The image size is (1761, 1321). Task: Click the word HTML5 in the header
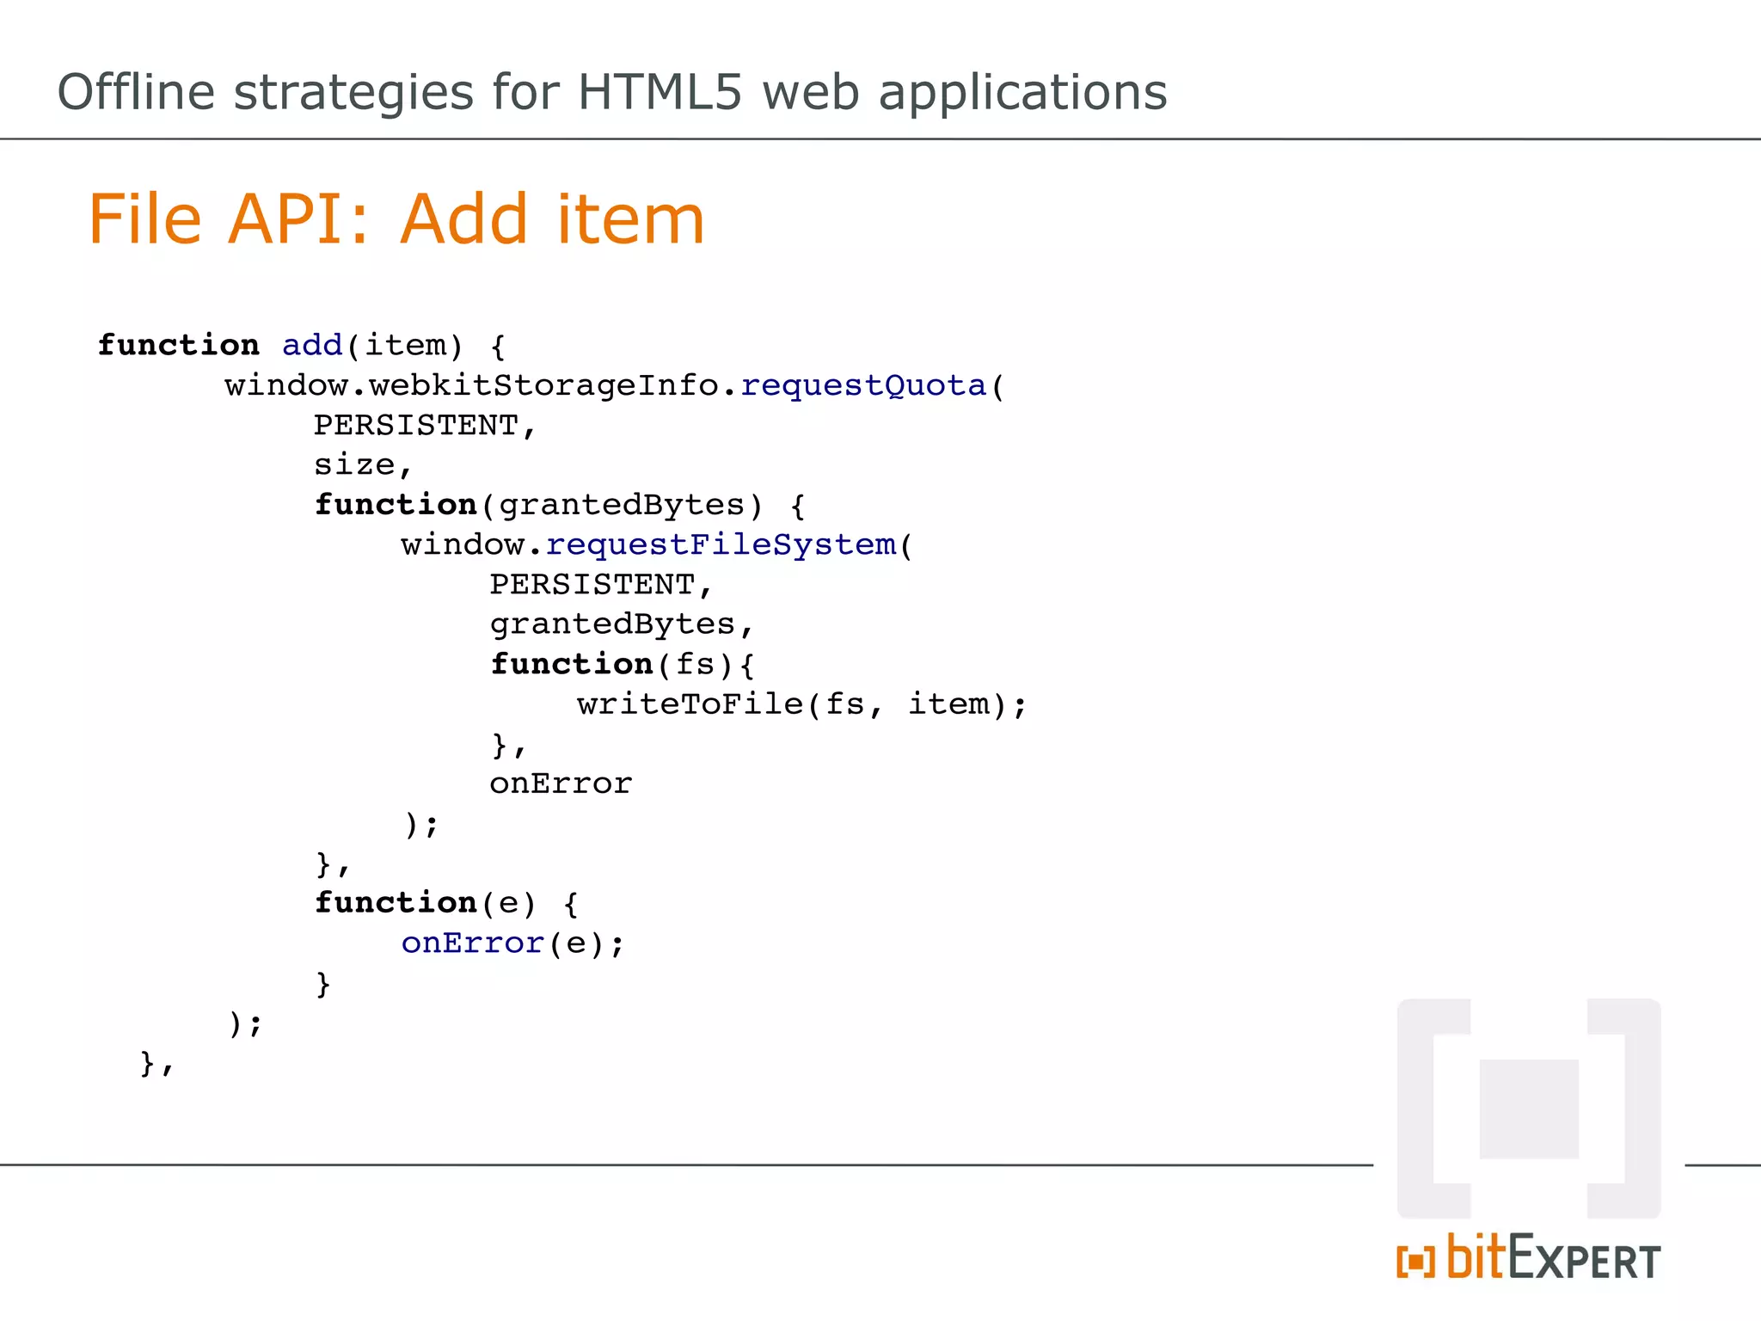(x=659, y=92)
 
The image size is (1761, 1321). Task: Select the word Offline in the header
(x=136, y=92)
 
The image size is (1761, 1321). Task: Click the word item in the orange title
(x=630, y=219)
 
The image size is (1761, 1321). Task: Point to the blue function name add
(x=312, y=346)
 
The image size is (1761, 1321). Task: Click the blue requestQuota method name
(x=862, y=385)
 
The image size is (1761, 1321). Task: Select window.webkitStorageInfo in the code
(x=470, y=385)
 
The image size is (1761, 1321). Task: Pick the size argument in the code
(x=354, y=465)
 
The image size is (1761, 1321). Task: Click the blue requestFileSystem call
(x=721, y=544)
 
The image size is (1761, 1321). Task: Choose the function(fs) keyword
(x=571, y=664)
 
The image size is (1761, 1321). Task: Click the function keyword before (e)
(x=396, y=903)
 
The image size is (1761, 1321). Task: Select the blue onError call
(x=472, y=943)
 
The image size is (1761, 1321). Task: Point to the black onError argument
(x=561, y=783)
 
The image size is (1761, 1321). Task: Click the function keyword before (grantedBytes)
(x=396, y=505)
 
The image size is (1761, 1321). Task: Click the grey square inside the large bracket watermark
(x=1529, y=1109)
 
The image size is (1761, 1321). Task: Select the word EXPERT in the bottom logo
(x=1584, y=1262)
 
